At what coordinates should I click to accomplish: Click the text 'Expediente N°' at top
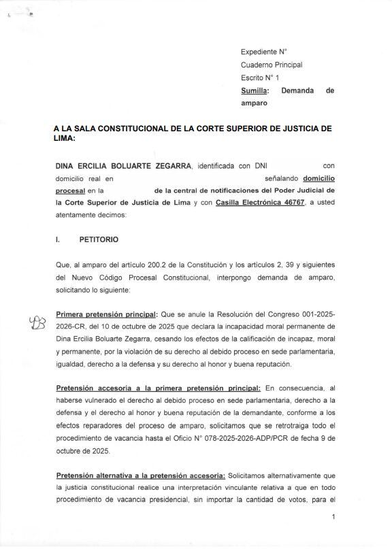pos(264,52)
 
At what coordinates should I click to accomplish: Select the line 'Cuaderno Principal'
pos(272,65)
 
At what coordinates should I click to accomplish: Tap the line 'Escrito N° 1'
pos(260,78)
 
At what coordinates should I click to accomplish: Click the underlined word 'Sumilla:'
pos(255,90)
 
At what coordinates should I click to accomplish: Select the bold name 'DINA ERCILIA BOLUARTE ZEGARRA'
pos(123,166)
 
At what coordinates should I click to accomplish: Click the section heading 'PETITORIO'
pos(98,240)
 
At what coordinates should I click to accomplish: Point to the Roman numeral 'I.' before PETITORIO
pos(59,240)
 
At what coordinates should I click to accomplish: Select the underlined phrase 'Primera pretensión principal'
pos(106,315)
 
